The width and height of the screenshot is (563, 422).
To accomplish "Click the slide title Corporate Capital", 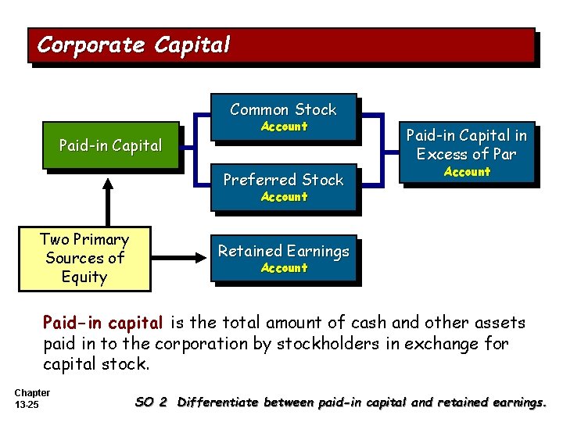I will pyautogui.click(x=134, y=45).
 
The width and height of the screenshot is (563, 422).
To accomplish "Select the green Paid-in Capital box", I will pyautogui.click(x=110, y=145).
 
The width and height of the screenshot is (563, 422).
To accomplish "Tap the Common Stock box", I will pyautogui.click(x=283, y=117).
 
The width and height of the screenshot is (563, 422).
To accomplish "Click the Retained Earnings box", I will pyautogui.click(x=283, y=258).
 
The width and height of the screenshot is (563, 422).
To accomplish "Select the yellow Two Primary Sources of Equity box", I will pyautogui.click(x=84, y=258).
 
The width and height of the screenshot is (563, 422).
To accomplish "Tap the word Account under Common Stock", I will pyautogui.click(x=284, y=127).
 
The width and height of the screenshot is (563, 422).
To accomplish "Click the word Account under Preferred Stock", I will pyautogui.click(x=284, y=197).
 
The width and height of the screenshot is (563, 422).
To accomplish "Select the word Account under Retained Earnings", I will pyautogui.click(x=284, y=268).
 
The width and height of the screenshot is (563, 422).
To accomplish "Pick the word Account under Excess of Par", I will pyautogui.click(x=467, y=172).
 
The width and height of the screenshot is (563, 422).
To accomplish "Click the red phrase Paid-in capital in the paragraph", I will pyautogui.click(x=102, y=322).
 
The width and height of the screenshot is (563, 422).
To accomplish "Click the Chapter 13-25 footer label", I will pyautogui.click(x=32, y=399).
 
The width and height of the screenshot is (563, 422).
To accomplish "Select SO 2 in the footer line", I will pyautogui.click(x=151, y=402).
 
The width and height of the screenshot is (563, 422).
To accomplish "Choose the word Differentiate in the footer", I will pyautogui.click(x=218, y=402).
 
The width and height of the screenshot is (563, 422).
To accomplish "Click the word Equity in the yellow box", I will pyautogui.click(x=84, y=277).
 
